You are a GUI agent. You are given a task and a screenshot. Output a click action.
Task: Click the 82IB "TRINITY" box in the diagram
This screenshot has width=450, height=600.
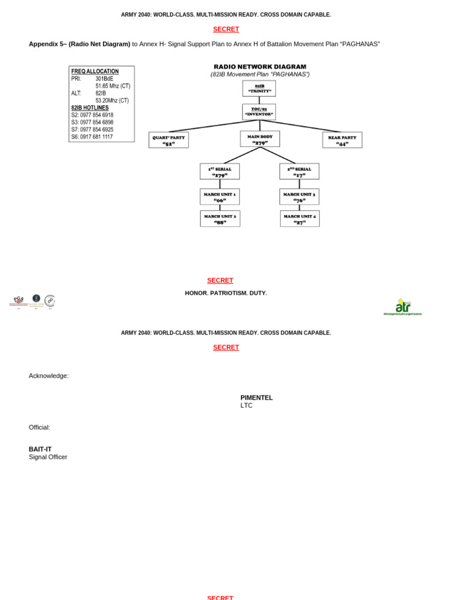(259, 88)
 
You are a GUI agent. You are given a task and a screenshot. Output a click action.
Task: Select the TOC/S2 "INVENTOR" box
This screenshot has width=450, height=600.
(259, 112)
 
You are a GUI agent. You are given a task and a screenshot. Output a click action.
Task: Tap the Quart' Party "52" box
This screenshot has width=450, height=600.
(169, 140)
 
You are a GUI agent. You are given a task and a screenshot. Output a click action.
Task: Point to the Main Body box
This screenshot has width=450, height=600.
(260, 139)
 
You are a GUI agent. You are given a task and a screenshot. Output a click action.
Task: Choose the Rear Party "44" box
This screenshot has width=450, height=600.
(342, 140)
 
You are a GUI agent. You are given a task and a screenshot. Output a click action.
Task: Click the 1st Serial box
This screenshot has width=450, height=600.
(220, 172)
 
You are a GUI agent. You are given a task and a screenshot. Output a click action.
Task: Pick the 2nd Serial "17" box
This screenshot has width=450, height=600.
(299, 172)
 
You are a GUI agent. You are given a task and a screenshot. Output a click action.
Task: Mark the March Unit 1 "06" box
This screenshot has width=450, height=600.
(220, 197)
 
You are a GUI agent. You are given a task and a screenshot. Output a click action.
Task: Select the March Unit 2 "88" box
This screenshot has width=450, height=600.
(220, 219)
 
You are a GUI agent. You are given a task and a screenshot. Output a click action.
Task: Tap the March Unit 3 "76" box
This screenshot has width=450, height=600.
(299, 197)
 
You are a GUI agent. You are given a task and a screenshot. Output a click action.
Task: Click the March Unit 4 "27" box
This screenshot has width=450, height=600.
(299, 219)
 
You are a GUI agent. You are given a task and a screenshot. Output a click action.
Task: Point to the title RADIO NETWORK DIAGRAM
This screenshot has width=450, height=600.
(260, 67)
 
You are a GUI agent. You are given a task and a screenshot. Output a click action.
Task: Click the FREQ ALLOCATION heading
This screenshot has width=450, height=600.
(95, 71)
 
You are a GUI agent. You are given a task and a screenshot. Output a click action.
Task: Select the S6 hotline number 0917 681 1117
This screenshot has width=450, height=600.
(97, 137)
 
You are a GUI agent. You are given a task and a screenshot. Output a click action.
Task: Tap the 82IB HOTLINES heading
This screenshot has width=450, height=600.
(90, 108)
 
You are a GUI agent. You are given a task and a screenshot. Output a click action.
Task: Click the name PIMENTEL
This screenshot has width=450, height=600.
(257, 397)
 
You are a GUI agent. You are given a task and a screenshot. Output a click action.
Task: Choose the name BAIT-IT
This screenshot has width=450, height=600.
(40, 449)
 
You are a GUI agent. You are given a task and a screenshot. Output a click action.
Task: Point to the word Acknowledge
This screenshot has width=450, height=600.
(49, 376)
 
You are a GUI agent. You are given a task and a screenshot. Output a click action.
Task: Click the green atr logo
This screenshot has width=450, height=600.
(403, 306)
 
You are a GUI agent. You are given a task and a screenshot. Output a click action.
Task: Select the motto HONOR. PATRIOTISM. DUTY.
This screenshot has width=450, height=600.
(226, 293)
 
